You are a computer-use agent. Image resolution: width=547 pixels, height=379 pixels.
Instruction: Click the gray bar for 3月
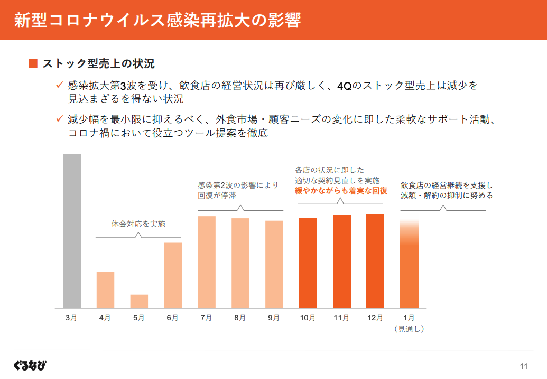72,230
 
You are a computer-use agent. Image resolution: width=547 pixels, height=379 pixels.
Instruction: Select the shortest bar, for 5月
139,301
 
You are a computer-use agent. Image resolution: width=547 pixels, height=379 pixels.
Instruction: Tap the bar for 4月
105,290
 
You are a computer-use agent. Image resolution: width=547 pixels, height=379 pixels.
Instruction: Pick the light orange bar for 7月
207,262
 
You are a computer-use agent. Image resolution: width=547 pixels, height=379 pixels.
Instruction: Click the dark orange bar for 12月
375,261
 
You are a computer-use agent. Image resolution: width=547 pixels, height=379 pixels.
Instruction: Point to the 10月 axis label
308,318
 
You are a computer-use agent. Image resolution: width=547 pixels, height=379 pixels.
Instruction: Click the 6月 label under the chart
172,318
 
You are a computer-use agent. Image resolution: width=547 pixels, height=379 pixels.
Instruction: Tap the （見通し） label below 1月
409,329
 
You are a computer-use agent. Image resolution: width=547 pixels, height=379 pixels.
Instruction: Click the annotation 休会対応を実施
138,224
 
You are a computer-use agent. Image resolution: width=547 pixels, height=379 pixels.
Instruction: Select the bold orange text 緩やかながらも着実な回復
341,191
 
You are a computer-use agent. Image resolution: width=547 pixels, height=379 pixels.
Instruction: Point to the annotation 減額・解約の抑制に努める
447,195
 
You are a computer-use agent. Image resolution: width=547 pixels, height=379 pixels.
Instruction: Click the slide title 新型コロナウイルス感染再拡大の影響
157,20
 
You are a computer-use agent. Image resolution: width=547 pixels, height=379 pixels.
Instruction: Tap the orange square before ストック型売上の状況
33,64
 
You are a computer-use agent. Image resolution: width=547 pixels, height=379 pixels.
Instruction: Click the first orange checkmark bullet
60,85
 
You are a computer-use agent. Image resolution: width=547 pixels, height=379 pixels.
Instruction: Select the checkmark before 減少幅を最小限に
60,119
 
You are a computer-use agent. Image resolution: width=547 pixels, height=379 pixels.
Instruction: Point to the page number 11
524,367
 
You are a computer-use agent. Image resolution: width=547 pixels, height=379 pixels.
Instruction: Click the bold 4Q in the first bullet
344,86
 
